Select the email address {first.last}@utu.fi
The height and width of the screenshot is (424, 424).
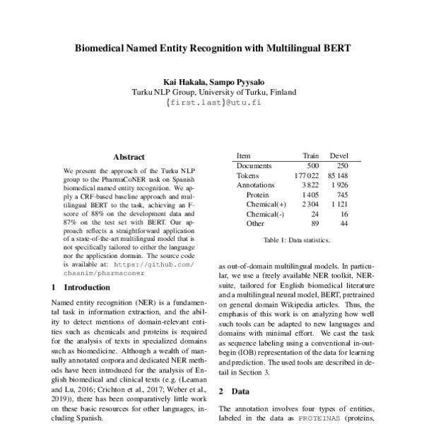[x=213, y=102]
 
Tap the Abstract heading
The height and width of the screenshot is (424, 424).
[x=129, y=157]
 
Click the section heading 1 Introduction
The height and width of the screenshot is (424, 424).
[x=81, y=288]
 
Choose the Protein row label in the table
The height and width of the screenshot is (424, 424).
[x=258, y=194]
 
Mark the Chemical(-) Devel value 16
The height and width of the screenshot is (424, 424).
[x=343, y=213]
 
